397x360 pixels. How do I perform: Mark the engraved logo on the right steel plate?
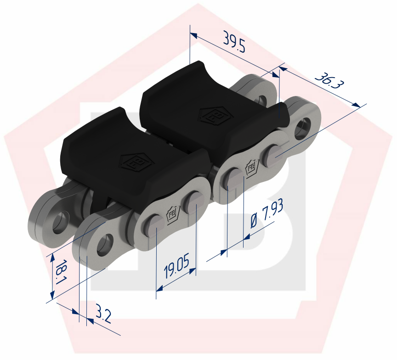click(x=251, y=167)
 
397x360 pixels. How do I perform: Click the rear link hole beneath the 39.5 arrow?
click(x=263, y=100)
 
